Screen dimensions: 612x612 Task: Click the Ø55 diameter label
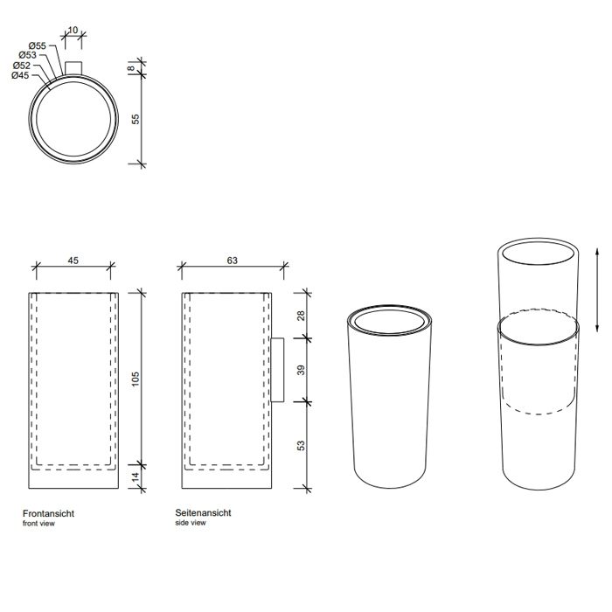(37, 45)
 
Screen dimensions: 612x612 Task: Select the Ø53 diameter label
(27, 55)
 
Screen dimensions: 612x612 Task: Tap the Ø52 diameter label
(22, 66)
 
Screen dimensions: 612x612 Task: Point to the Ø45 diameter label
(20, 75)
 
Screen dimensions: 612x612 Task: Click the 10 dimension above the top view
(73, 30)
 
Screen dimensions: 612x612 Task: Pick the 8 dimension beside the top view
(132, 68)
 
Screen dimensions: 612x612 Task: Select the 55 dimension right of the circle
(135, 119)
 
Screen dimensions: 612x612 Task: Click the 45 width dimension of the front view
(73, 261)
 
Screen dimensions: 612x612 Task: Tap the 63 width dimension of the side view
(233, 261)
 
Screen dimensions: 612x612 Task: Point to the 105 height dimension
(135, 379)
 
